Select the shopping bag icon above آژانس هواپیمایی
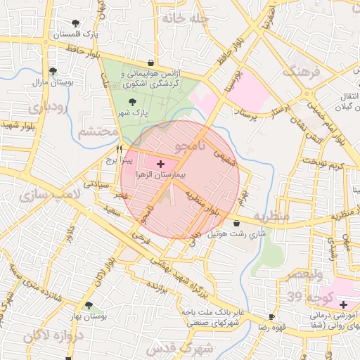(x=151, y=63)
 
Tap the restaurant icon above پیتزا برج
(x=119, y=149)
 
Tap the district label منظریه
(x=271, y=217)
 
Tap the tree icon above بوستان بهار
(x=89, y=306)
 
